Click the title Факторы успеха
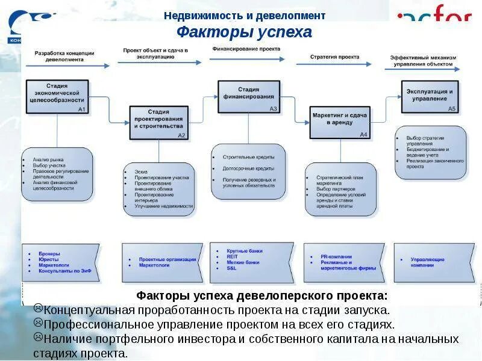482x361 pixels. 245,32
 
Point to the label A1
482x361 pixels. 83,110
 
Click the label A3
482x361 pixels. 273,109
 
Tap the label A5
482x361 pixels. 452,109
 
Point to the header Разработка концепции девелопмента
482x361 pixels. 64,56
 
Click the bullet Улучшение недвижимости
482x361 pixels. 164,206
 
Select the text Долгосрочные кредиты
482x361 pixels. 248,168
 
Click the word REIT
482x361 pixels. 232,256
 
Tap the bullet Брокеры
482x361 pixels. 49,254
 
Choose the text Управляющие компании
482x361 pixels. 427,262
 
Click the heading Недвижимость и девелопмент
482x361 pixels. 245,16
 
